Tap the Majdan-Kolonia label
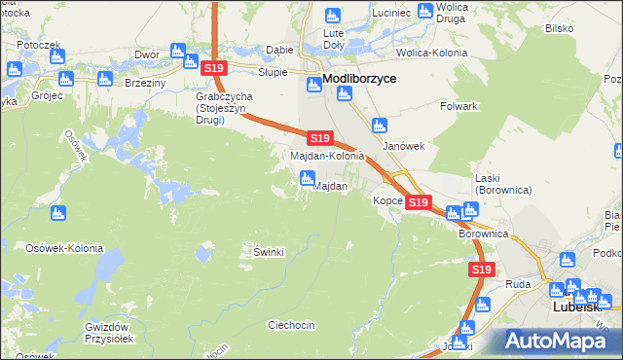click(327, 156)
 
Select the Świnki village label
click(268, 252)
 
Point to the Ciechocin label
click(291, 325)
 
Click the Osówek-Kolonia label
click(64, 248)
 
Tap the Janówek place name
click(404, 146)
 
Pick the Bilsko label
click(559, 28)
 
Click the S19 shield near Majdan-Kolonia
click(319, 139)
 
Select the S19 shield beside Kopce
click(419, 202)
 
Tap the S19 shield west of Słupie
click(214, 68)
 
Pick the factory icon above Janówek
click(380, 125)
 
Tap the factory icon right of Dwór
click(178, 50)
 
